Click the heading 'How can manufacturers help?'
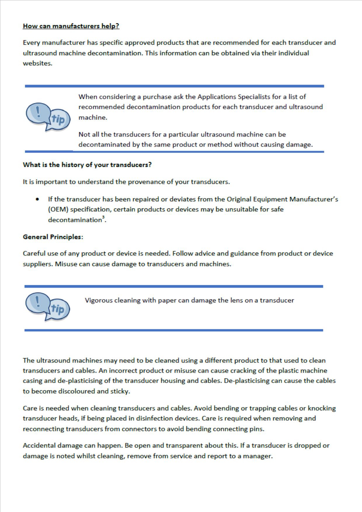71,26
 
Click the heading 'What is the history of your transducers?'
87,165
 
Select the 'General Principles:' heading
53,237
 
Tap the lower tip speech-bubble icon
48,306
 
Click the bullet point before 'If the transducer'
37,199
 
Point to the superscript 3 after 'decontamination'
103,217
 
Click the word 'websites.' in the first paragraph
37,63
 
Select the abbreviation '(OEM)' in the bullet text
58,210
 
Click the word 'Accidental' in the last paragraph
39,445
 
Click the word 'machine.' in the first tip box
93,117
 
